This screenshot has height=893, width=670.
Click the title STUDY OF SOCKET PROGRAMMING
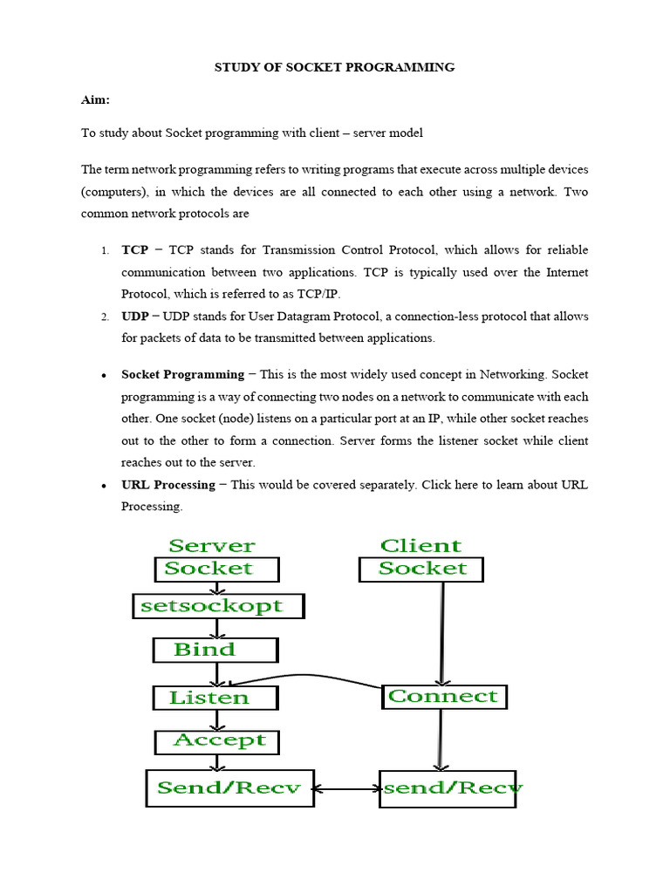pos(334,67)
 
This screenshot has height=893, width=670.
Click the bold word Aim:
pos(96,100)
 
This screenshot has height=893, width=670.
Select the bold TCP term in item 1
pos(134,249)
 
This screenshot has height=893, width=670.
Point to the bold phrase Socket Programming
pos(182,374)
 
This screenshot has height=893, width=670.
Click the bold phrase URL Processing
pos(167,484)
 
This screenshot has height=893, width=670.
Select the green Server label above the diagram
pos(212,546)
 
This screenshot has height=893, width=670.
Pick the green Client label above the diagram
pos(420,546)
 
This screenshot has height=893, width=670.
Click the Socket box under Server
pos(216,569)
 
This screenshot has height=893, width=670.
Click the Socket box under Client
pos(421,569)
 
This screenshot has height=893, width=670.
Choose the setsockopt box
pos(218,605)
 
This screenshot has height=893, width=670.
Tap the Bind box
pos(215,650)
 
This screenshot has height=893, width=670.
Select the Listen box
pos(215,698)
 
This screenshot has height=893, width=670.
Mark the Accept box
pos(216,741)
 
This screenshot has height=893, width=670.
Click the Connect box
pos(444,697)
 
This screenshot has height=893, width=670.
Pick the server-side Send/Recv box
pos(229,787)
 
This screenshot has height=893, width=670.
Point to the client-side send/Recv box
pos(449,787)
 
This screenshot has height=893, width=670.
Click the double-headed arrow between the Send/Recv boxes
pos(346,789)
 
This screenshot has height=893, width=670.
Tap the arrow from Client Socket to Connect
pos(443,632)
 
